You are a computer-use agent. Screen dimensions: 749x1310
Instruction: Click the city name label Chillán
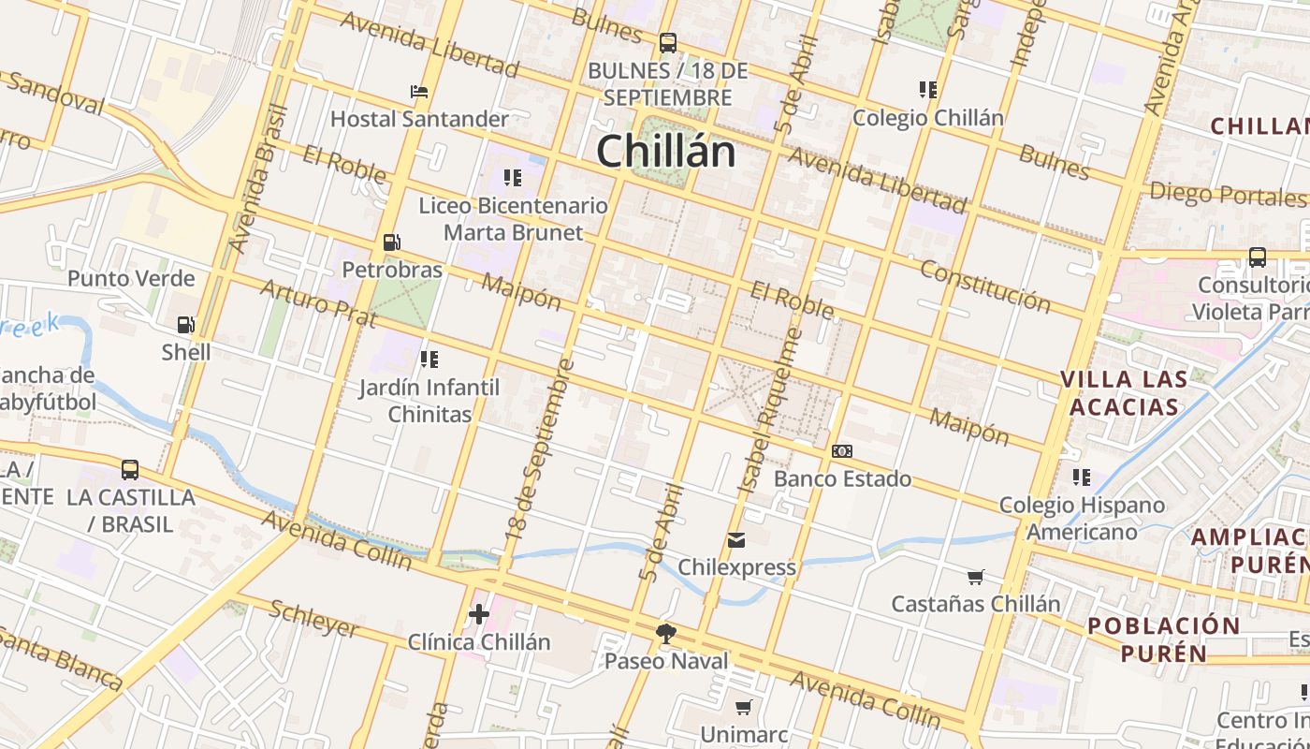666,152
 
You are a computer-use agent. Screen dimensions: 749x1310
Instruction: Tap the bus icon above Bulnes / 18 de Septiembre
668,42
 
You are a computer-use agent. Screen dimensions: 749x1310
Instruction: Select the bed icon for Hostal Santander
419,92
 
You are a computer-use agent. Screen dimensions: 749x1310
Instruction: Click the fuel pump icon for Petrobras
392,242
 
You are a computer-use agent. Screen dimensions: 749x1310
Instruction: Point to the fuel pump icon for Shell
186,325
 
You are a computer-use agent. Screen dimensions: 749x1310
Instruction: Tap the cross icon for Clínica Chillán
479,614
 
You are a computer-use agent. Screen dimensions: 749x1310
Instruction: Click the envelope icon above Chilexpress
736,540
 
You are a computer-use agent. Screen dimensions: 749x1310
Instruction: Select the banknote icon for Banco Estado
842,451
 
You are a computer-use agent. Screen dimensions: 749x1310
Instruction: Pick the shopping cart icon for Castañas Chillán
976,577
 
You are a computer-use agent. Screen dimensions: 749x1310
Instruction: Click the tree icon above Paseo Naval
666,634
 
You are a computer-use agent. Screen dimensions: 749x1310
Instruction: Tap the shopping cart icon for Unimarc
744,707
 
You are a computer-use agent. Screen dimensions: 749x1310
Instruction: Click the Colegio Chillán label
927,118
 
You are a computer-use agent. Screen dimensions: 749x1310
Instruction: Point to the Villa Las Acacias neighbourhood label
1124,393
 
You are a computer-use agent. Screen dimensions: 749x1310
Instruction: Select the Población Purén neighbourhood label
1163,639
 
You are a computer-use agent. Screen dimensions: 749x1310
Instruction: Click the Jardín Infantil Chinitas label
429,401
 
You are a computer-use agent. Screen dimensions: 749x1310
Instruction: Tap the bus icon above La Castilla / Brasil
130,469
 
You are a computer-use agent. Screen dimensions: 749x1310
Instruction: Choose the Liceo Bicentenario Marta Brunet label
513,219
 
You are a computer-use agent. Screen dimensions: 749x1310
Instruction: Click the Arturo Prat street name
317,303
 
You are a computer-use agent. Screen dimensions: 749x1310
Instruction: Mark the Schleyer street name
313,619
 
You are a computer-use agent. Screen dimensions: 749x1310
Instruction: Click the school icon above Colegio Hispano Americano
1082,477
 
